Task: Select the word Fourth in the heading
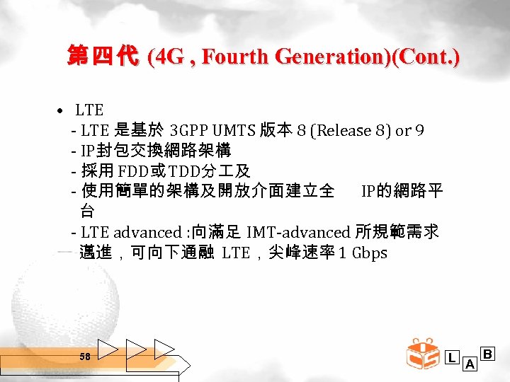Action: coord(228,57)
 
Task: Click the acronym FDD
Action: coord(132,171)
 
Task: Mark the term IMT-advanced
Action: coord(299,232)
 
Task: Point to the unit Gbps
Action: coord(369,253)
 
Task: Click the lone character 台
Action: coord(87,211)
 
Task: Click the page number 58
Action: coord(85,357)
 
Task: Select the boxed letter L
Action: coord(452,358)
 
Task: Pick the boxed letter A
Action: coord(469,364)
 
